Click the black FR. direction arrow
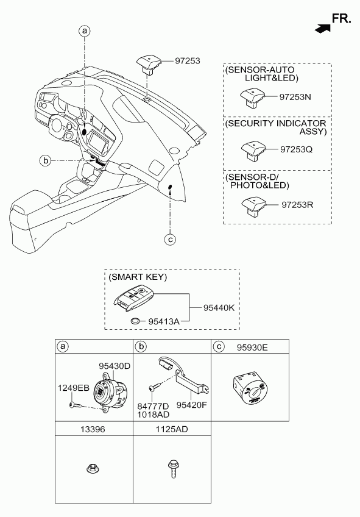(323, 29)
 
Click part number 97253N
(295, 97)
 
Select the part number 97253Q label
(296, 149)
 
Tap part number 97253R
(297, 205)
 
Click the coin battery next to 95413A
(135, 320)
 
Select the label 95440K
(219, 308)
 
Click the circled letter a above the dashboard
(84, 31)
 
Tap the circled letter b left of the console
(46, 161)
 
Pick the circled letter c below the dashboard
(170, 240)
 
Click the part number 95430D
(115, 366)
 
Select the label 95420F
(192, 405)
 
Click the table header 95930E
(252, 347)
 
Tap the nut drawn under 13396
(93, 468)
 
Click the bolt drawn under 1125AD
(172, 469)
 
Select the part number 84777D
(153, 406)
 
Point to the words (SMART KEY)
(138, 277)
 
